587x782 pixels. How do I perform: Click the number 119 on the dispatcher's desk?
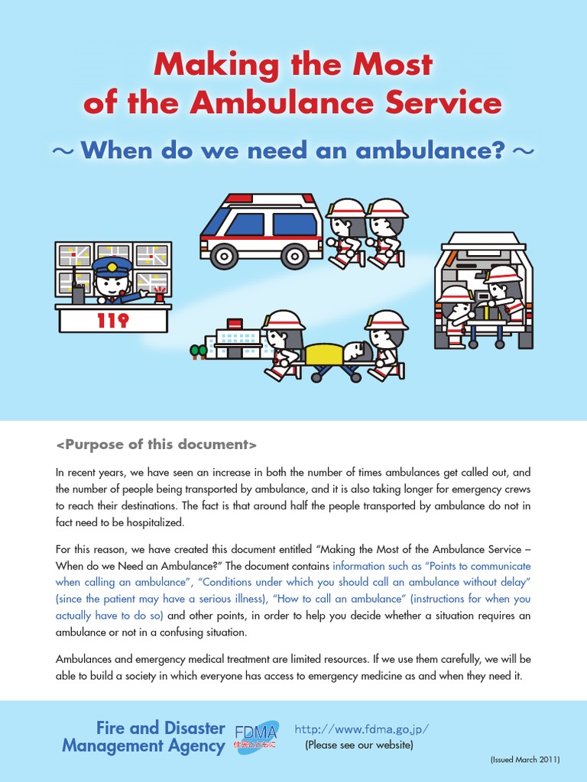[x=113, y=321]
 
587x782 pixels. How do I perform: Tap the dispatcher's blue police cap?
[x=112, y=267]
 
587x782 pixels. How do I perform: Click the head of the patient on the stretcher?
[x=355, y=351]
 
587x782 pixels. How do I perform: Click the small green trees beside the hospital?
[x=199, y=351]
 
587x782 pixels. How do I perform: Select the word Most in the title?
[x=391, y=65]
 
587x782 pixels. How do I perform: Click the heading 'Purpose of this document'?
[x=157, y=444]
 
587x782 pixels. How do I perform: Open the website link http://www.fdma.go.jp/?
[x=361, y=729]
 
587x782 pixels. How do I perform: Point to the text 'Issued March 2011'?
[x=525, y=761]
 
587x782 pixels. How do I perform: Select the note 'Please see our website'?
[x=359, y=745]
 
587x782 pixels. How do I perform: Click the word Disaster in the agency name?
[x=190, y=728]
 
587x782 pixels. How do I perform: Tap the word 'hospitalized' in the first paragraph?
[x=154, y=523]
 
